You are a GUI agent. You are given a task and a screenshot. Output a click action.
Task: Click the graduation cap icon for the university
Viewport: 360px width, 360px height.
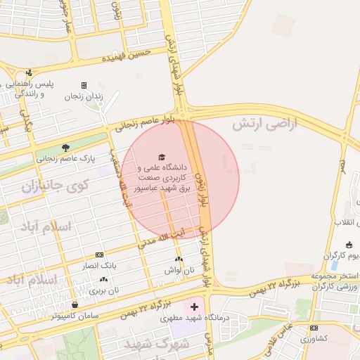[162, 156]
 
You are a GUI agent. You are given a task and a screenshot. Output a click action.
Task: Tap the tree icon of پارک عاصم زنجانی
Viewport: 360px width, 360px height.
[65, 148]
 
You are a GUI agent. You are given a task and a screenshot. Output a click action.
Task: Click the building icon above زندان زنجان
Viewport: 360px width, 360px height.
[84, 85]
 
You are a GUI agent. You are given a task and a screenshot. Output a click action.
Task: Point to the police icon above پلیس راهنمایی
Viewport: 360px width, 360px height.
[29, 72]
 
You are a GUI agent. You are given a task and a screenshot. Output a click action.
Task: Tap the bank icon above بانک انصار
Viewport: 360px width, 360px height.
[99, 255]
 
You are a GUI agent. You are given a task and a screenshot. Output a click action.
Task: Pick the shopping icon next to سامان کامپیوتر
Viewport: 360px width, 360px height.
[75, 304]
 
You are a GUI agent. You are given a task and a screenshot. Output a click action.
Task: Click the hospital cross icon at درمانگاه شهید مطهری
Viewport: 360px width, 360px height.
[194, 307]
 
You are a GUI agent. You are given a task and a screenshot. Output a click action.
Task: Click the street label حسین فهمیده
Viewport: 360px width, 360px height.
[127, 56]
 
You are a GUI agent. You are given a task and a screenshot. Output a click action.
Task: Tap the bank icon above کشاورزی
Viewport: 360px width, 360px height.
[313, 328]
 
